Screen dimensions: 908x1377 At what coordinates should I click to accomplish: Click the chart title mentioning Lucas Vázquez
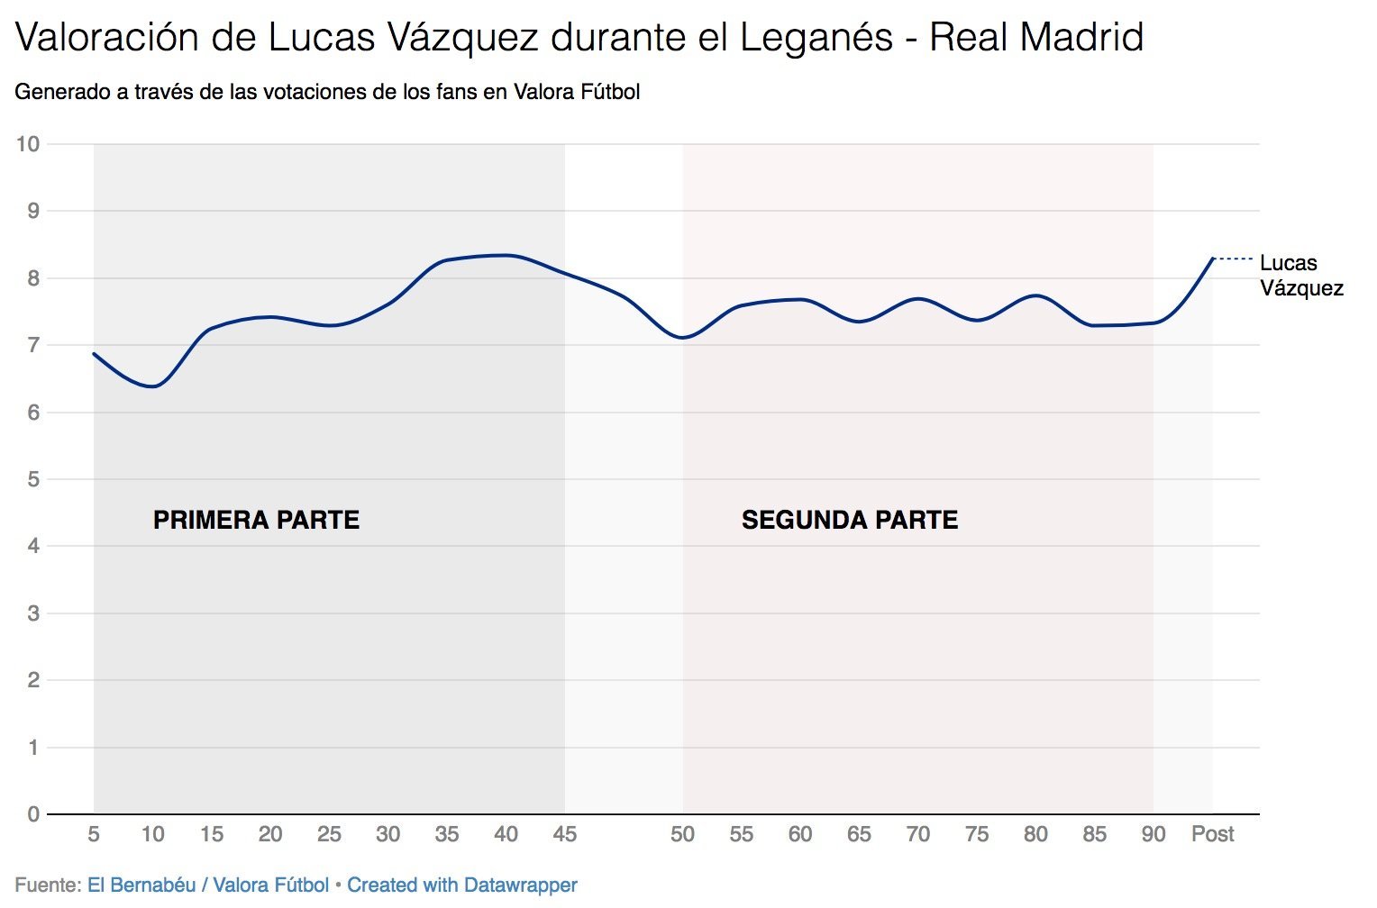[x=579, y=38]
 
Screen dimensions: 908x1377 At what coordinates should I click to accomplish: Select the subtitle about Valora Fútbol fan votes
[x=327, y=92]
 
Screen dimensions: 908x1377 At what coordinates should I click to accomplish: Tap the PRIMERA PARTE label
[x=256, y=520]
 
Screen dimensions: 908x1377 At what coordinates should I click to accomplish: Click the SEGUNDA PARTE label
[x=849, y=520]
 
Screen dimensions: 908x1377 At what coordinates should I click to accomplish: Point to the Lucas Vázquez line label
[x=1300, y=276]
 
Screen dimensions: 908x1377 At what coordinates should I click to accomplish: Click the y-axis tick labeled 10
[x=28, y=144]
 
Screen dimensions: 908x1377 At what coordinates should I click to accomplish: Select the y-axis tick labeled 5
[x=33, y=479]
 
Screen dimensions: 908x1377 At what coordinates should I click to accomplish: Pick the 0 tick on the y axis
[x=33, y=814]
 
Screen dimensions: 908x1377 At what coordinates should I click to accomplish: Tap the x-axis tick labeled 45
[x=564, y=834]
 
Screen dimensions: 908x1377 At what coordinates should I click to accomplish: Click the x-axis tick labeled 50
[x=682, y=834]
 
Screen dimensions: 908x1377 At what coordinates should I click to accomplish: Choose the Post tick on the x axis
[x=1212, y=834]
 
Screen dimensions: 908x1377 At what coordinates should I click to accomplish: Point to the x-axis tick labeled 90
[x=1154, y=834]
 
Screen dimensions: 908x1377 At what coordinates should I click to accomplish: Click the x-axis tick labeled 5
[x=94, y=834]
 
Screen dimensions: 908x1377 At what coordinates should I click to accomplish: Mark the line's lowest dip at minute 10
[x=153, y=386]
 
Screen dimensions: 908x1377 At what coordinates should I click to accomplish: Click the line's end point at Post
[x=1212, y=259]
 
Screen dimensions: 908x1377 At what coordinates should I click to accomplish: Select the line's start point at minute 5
[x=94, y=353]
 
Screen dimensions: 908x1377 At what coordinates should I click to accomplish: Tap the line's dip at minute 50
[x=683, y=338]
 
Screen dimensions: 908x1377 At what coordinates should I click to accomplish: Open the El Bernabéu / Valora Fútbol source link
[x=208, y=885]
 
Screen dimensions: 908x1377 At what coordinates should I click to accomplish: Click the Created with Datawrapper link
[x=462, y=885]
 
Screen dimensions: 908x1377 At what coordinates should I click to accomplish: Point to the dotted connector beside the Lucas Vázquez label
[x=1233, y=259]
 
